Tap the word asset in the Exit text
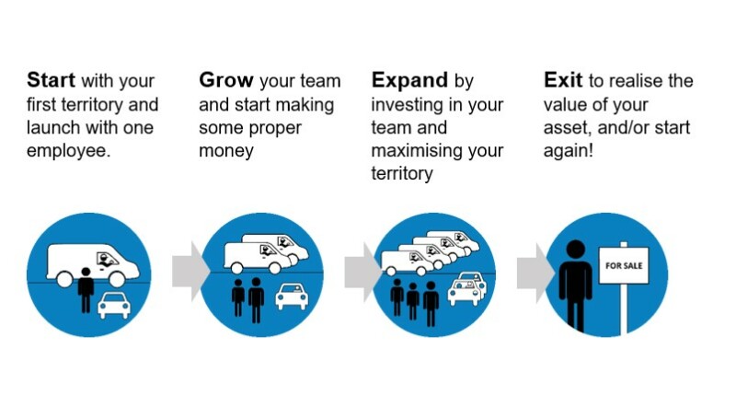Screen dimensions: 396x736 pos(567,126)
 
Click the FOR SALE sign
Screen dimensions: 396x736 pos(623,265)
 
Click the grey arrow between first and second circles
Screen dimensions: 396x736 pos(186,272)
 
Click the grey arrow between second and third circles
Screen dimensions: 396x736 pos(358,272)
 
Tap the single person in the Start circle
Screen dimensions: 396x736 pos(86,288)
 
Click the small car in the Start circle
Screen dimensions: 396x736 pos(113,303)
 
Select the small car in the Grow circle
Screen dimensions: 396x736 pos(291,295)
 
